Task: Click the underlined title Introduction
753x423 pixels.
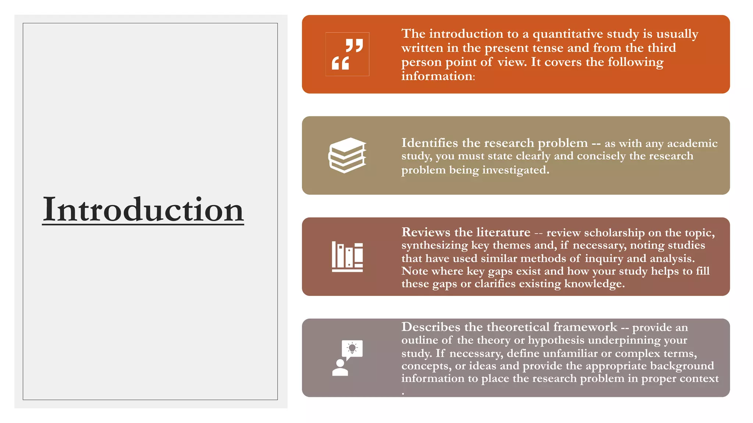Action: (143, 210)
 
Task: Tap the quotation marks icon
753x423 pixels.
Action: (347, 54)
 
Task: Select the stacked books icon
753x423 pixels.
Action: (347, 155)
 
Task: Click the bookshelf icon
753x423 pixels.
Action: (347, 257)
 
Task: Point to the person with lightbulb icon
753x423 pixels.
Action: (347, 358)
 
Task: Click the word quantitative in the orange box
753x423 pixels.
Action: (568, 34)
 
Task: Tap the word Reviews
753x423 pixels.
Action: (426, 232)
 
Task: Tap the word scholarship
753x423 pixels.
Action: (614, 233)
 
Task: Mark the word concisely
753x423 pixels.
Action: (601, 156)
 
